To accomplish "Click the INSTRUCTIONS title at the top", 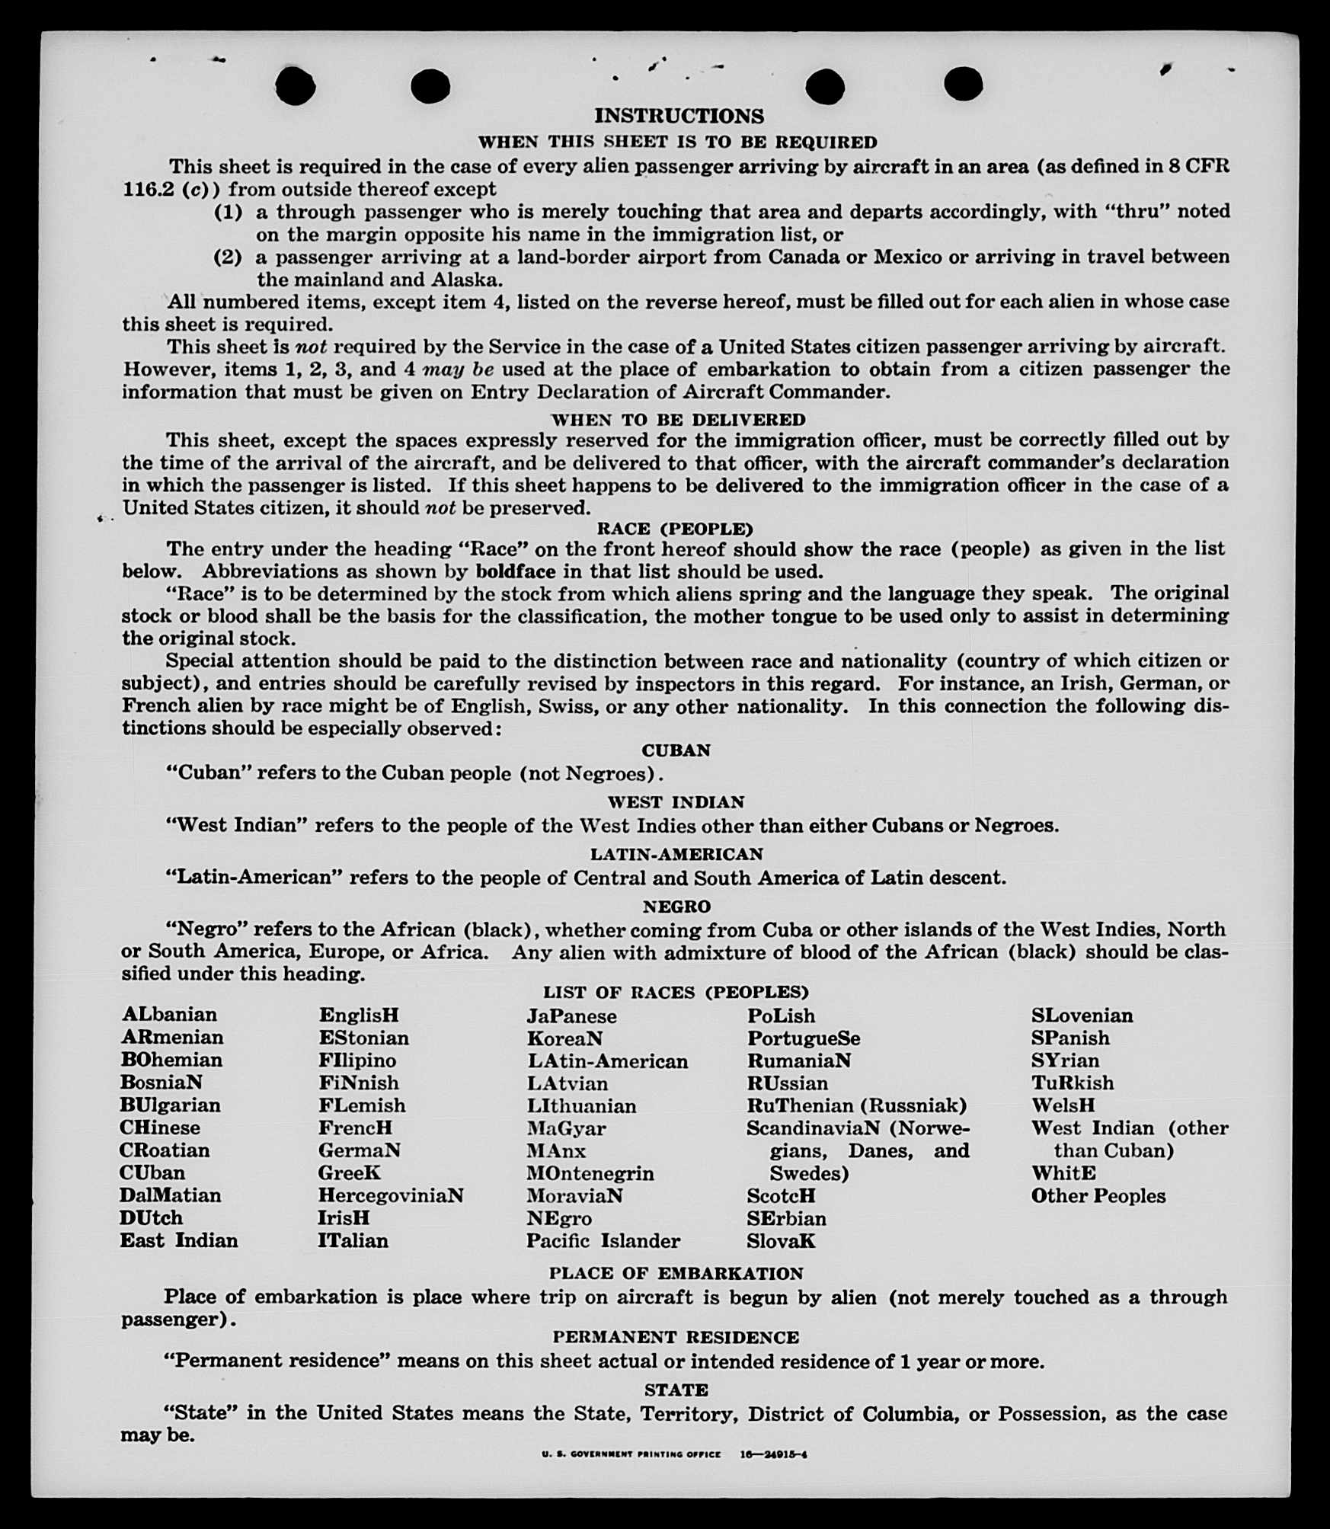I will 679,116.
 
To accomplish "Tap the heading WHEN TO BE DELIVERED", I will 678,420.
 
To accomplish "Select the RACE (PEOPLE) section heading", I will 675,529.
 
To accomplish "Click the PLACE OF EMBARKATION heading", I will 676,1273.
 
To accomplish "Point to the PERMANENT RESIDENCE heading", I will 676,1337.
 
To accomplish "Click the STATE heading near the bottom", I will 676,1390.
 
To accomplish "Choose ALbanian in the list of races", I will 169,1015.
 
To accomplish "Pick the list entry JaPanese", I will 571,1016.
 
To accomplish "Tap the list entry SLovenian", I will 1082,1016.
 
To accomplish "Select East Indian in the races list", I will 179,1240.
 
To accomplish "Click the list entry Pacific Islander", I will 603,1241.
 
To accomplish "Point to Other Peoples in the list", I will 1098,1196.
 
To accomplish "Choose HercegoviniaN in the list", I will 391,1195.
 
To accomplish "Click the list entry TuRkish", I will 1072,1083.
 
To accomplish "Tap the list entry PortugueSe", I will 804,1038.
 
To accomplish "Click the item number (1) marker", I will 228,212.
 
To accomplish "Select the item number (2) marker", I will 228,257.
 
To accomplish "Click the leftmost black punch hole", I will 296,85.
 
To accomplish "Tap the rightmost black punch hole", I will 963,84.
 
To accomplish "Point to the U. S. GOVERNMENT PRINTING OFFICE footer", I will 631,1454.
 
